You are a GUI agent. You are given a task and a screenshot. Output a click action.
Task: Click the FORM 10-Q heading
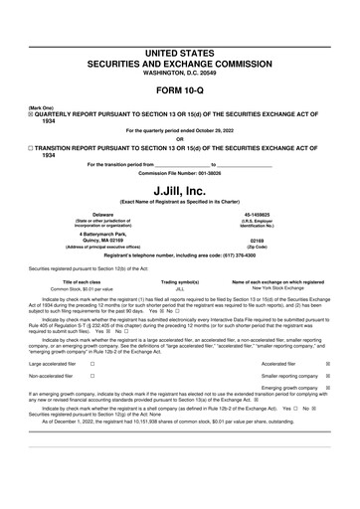pos(180,90)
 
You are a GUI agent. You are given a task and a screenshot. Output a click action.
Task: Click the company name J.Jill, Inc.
pos(180,190)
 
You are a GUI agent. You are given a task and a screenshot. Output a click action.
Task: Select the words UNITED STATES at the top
pos(180,50)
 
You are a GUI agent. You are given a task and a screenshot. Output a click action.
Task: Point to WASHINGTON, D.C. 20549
pos(180,73)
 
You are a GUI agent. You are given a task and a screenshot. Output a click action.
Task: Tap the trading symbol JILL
pos(180,289)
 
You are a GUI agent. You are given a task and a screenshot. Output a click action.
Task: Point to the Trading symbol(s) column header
pos(180,282)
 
